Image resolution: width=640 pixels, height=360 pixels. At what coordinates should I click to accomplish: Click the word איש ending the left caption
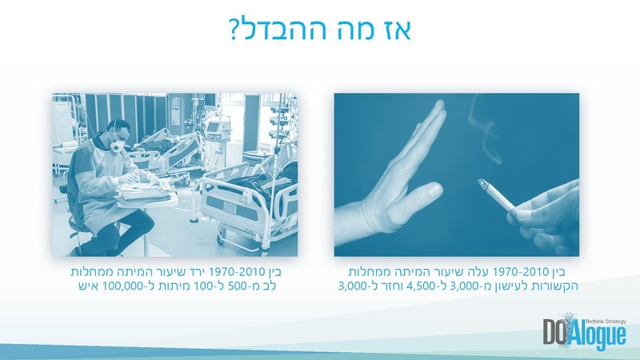coord(79,285)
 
